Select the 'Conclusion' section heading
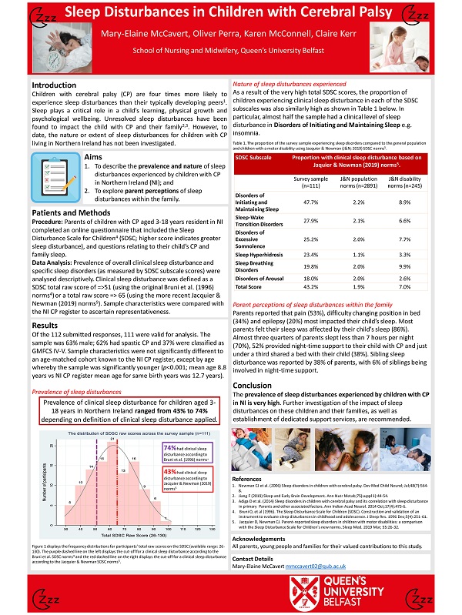point(252,384)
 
